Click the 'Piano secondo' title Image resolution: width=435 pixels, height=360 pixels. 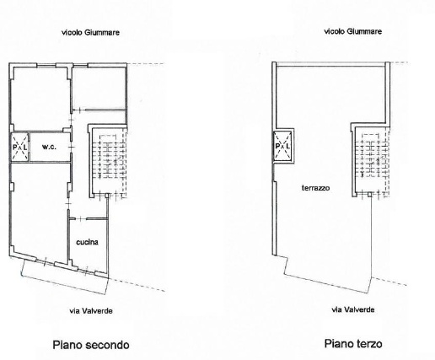point(91,345)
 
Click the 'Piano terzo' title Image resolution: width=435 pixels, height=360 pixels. point(353,343)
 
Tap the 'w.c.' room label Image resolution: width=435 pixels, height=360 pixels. point(49,147)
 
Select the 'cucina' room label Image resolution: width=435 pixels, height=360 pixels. point(88,242)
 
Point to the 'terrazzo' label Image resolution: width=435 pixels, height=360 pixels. point(315,188)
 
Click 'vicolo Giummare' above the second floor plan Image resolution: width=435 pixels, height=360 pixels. point(90,33)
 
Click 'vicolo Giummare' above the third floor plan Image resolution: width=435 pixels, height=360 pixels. point(353,31)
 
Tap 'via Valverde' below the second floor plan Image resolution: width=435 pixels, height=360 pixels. point(91,311)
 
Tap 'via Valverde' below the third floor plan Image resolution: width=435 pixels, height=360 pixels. point(353,309)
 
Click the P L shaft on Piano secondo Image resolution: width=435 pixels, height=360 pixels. point(20,147)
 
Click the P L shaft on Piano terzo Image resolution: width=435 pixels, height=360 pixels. point(283,146)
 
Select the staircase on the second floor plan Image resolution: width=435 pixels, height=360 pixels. point(110,161)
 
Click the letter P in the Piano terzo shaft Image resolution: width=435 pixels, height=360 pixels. point(277,146)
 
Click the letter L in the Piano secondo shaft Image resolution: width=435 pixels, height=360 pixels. point(25,147)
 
